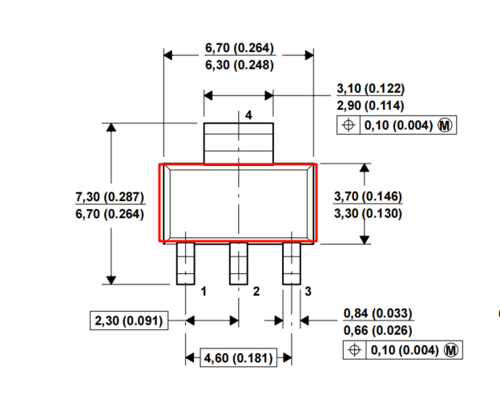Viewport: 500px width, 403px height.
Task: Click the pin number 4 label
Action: coord(248,115)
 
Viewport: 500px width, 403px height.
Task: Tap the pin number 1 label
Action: coord(204,292)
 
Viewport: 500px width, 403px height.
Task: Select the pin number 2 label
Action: coord(256,292)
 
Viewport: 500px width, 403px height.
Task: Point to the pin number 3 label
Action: coord(308,291)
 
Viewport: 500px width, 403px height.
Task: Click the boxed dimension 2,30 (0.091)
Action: coord(129,320)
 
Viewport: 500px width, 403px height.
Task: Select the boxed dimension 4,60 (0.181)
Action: coord(238,357)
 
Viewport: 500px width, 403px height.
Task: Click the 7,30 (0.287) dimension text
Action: coord(110,197)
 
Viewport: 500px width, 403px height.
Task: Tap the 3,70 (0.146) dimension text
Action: coord(368,196)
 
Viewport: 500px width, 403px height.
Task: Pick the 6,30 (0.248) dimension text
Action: coord(240,65)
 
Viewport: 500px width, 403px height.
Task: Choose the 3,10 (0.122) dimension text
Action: coord(370,88)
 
